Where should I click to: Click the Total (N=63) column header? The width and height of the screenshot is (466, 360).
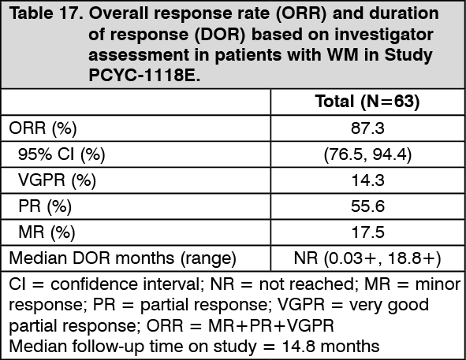(367, 102)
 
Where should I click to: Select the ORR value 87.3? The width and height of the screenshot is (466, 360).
(367, 128)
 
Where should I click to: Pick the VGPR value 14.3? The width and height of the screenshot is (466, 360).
(368, 180)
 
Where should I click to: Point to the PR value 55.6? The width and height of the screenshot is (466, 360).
(367, 206)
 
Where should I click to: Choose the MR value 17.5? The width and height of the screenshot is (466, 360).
(368, 232)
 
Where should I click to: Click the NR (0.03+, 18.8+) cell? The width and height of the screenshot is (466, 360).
(367, 258)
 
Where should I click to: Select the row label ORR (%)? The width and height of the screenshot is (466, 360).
(43, 128)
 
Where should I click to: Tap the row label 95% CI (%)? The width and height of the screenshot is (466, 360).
(62, 154)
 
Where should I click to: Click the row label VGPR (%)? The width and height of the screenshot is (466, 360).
(57, 180)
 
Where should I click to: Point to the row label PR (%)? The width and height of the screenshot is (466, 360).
(45, 206)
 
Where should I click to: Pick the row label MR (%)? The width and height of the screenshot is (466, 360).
(47, 232)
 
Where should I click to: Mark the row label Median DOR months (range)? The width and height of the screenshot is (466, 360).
(122, 258)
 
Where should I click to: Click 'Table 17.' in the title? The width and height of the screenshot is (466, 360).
(46, 13)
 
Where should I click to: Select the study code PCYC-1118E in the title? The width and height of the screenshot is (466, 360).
(144, 76)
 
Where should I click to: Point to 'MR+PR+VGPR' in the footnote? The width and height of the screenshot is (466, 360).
(271, 325)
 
